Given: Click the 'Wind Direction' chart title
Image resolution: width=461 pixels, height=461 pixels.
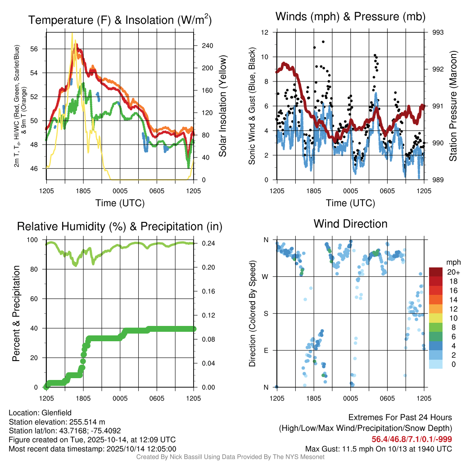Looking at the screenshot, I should [x=350, y=224].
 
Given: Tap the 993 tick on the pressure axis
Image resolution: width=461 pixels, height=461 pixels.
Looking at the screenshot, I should [x=438, y=32].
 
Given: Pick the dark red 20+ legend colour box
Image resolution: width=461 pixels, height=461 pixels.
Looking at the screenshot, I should [x=436, y=272].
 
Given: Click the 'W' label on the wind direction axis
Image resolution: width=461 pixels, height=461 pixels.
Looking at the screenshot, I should [x=266, y=276].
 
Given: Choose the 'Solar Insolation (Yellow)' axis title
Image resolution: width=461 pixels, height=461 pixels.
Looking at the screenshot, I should [x=222, y=106].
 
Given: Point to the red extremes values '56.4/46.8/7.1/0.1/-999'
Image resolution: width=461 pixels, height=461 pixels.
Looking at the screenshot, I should [x=411, y=439].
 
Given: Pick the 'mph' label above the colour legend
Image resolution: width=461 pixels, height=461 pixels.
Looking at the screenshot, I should [x=452, y=262].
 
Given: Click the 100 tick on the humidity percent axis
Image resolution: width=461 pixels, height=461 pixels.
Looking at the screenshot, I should [x=36, y=240].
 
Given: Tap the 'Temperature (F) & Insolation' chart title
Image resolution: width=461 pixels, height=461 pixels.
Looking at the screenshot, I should [x=120, y=20].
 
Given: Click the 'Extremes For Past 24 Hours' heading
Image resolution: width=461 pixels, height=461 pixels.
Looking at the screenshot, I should [x=400, y=417].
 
